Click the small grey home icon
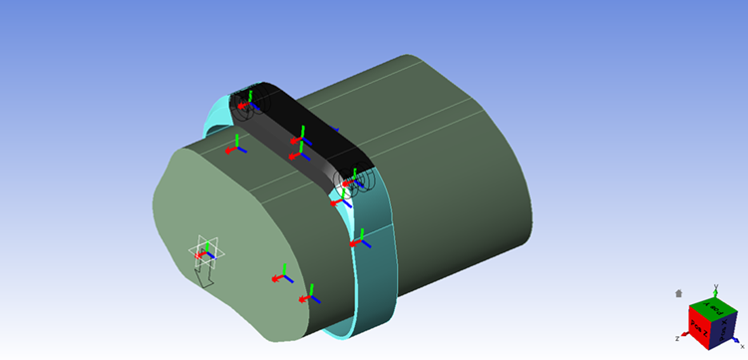click(679, 294)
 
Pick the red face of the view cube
click(699, 326)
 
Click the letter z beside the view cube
click(677, 339)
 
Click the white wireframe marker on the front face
click(206, 250)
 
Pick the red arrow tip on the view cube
click(685, 336)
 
